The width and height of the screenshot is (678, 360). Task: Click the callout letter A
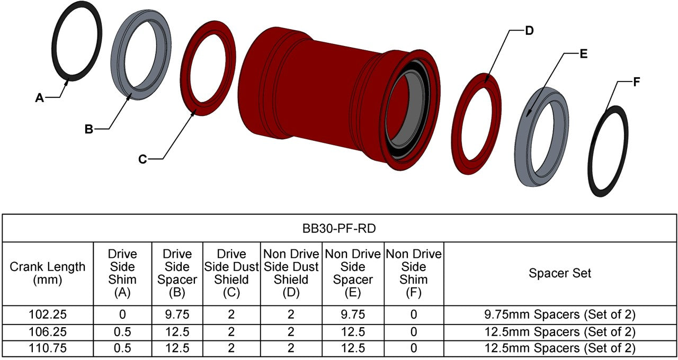pos(40,98)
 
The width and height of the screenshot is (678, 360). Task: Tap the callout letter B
pos(88,129)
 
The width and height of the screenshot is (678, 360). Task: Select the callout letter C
pos(142,159)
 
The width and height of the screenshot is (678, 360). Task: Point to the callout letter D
pos(529,31)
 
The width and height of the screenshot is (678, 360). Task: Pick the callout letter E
pos(583,54)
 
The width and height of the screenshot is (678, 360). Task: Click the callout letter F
pos(637,82)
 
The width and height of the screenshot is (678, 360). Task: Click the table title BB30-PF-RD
pos(339,228)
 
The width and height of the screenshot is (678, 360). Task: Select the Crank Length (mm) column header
pos(48,273)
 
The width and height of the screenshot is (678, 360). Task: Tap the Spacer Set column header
pos(560,273)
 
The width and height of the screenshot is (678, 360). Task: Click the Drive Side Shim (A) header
pos(122,273)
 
